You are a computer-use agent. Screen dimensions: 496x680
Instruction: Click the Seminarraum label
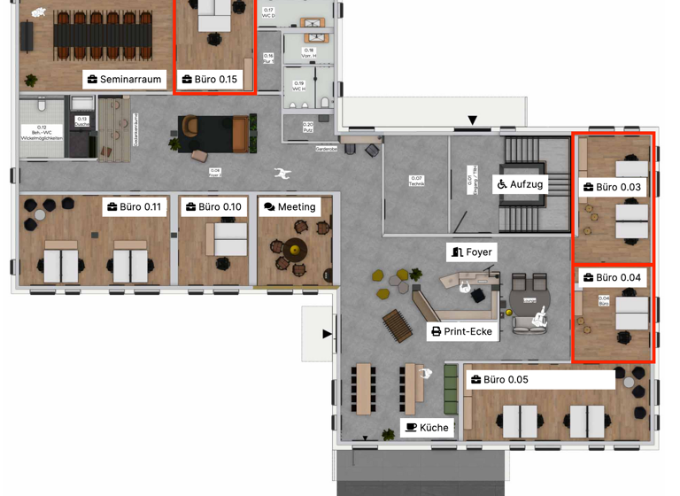(124, 80)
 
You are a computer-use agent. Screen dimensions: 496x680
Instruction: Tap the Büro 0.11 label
(134, 207)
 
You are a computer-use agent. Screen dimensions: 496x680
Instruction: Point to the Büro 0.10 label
(213, 207)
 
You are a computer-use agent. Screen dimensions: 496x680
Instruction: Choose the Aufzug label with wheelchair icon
(520, 184)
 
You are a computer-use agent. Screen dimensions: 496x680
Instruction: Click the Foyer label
(471, 252)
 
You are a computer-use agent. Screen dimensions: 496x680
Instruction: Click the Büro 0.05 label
(540, 380)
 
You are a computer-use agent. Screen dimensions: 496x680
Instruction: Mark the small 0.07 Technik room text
(416, 182)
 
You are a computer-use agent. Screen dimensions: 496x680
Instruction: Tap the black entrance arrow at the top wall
(473, 120)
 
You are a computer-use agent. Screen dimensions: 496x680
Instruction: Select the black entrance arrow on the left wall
(327, 334)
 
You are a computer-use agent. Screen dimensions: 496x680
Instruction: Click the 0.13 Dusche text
(82, 121)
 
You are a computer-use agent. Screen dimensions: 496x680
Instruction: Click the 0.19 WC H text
(299, 86)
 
